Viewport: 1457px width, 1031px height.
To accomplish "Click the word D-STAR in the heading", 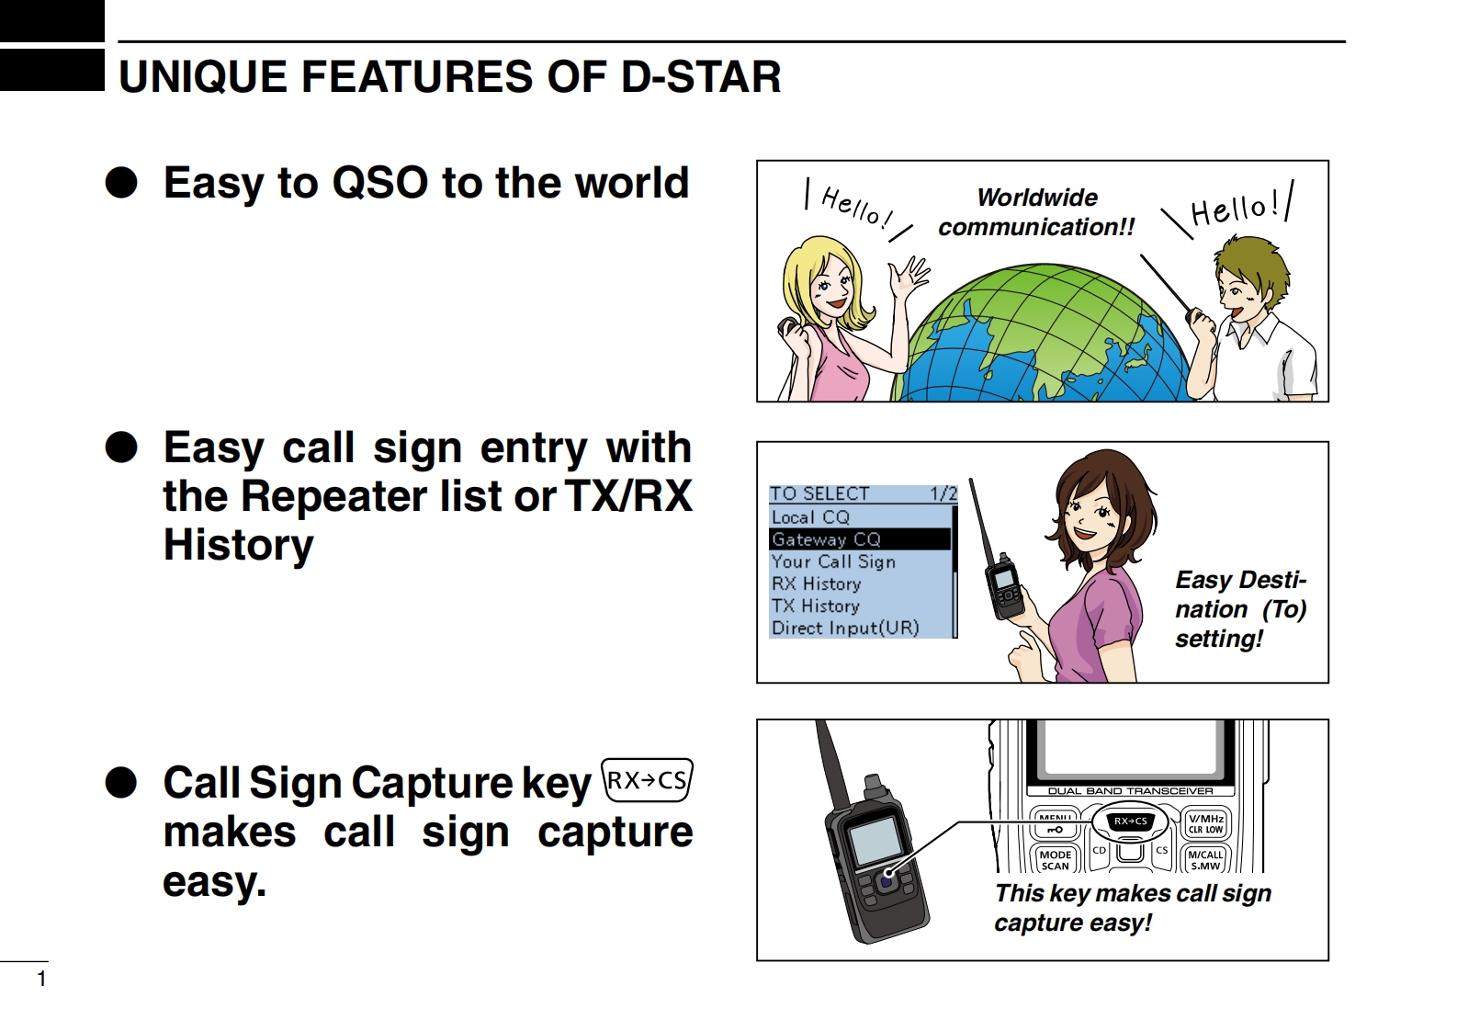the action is click(701, 77).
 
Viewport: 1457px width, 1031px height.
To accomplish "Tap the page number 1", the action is click(41, 979).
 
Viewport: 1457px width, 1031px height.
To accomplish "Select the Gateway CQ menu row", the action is click(859, 539).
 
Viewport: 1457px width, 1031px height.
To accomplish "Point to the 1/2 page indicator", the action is click(943, 493).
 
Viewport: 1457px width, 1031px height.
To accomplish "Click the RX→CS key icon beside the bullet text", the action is click(647, 779).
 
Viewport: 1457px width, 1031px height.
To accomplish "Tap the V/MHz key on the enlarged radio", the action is click(1206, 823).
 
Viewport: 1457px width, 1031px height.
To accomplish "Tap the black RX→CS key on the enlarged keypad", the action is click(1130, 821).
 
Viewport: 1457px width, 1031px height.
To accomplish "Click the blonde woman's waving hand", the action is click(911, 278).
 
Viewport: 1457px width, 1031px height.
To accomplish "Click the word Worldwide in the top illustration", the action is click(1037, 197).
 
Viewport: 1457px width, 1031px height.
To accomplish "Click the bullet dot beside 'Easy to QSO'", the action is click(121, 183).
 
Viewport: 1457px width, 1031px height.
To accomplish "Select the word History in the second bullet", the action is click(238, 545).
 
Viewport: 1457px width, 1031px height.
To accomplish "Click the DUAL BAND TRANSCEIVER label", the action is click(1131, 791).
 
